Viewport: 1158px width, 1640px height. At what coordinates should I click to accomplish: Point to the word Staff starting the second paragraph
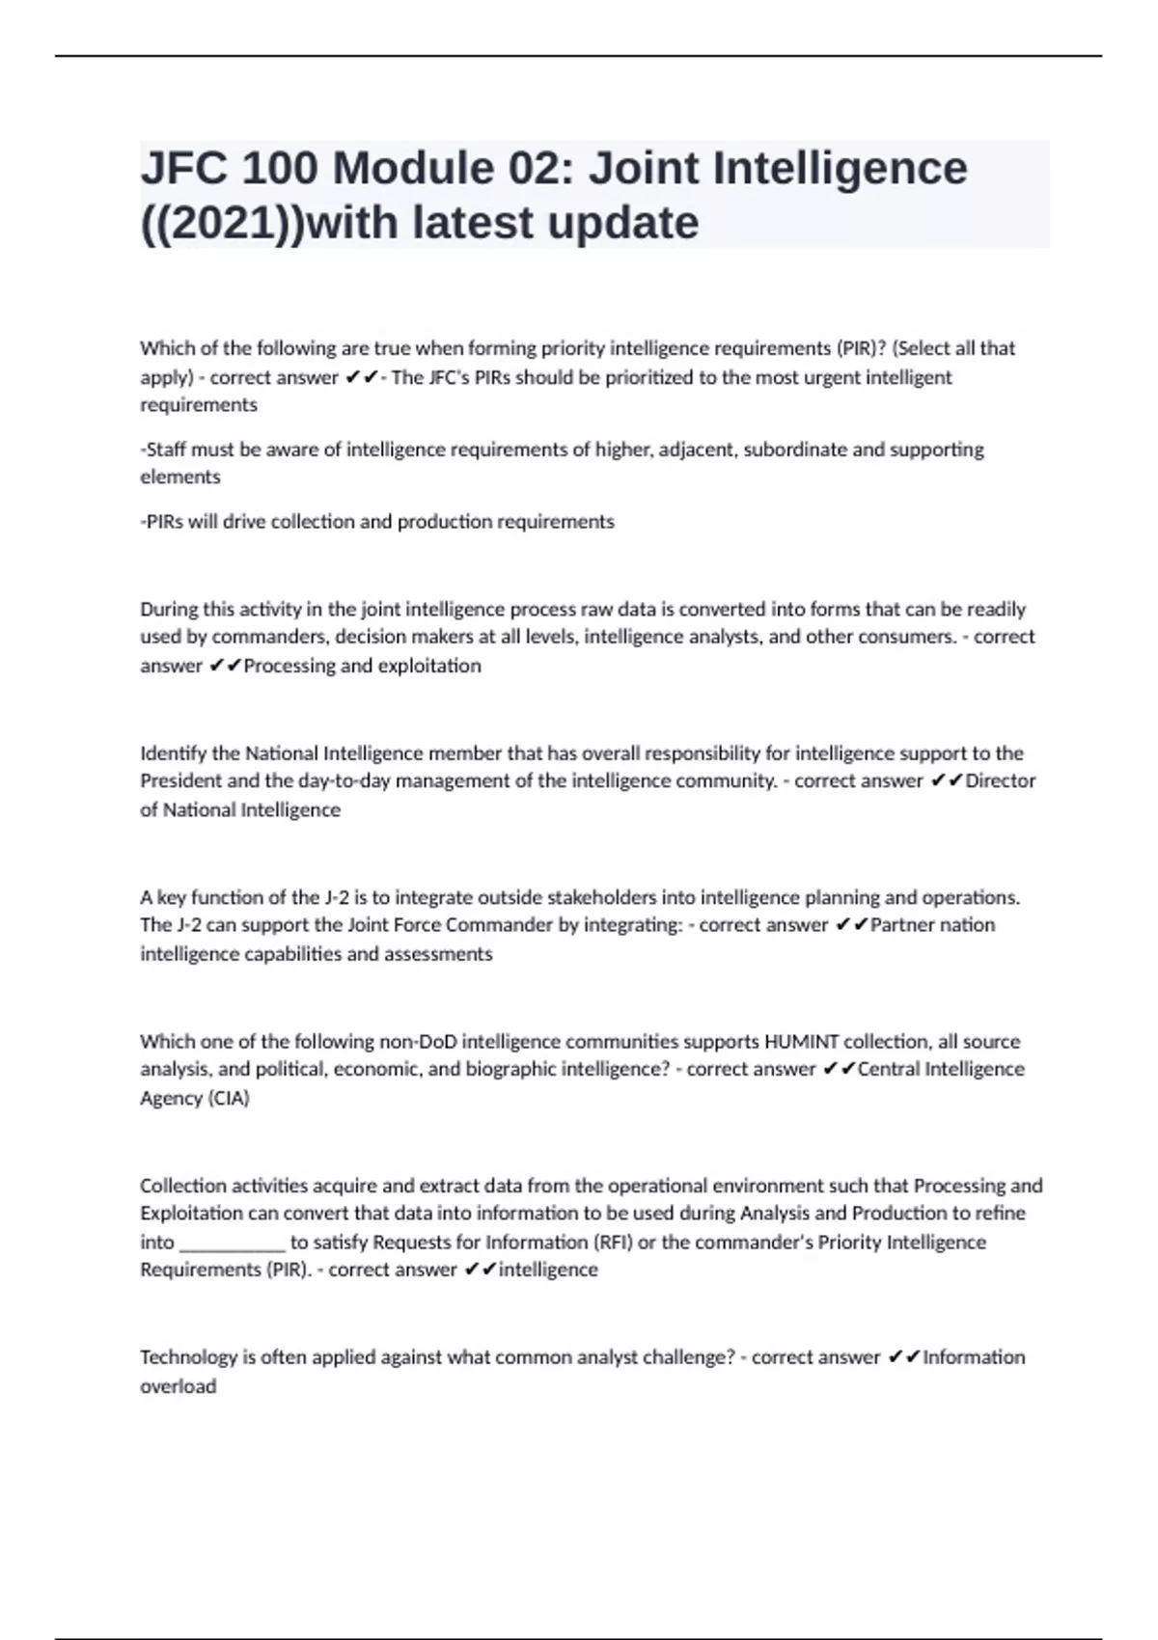(164, 450)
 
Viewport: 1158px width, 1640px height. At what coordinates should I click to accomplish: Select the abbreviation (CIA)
(223, 1098)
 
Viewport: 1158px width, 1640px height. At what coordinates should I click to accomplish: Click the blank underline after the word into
(233, 1243)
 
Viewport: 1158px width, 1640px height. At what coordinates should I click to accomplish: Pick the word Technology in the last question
(188, 1357)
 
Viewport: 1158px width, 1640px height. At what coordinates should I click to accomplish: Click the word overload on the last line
(178, 1386)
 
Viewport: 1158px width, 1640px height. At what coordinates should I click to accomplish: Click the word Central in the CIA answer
(889, 1069)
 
